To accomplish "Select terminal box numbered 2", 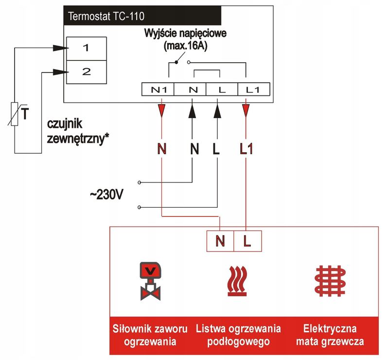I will coord(86,72).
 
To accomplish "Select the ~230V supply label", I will coord(106,195).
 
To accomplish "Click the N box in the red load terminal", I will coord(220,241).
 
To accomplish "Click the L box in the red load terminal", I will coord(247,241).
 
